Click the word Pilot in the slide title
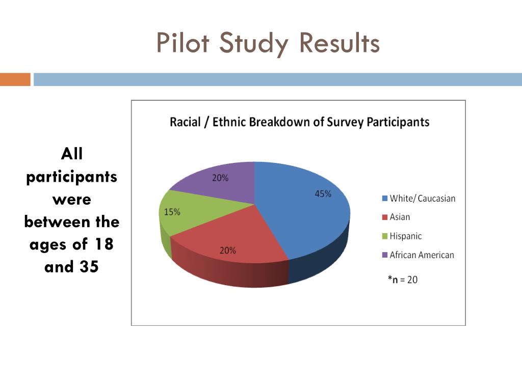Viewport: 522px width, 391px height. [x=182, y=43]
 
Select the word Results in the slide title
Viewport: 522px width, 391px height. [x=340, y=43]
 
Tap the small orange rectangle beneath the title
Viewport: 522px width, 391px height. [x=15, y=79]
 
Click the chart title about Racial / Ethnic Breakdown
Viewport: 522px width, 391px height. [x=299, y=122]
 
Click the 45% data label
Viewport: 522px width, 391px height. [x=323, y=194]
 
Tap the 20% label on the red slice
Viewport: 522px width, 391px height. [x=228, y=250]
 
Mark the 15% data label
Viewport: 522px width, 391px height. [x=172, y=212]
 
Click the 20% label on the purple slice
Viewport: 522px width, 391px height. [x=220, y=178]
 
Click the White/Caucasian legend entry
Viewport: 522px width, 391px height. [x=419, y=199]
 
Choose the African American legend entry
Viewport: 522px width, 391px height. [x=417, y=255]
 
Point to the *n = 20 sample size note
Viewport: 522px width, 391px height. [x=403, y=279]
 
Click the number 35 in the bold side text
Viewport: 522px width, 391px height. [x=88, y=267]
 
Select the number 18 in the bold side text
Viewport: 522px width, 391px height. [x=103, y=244]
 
